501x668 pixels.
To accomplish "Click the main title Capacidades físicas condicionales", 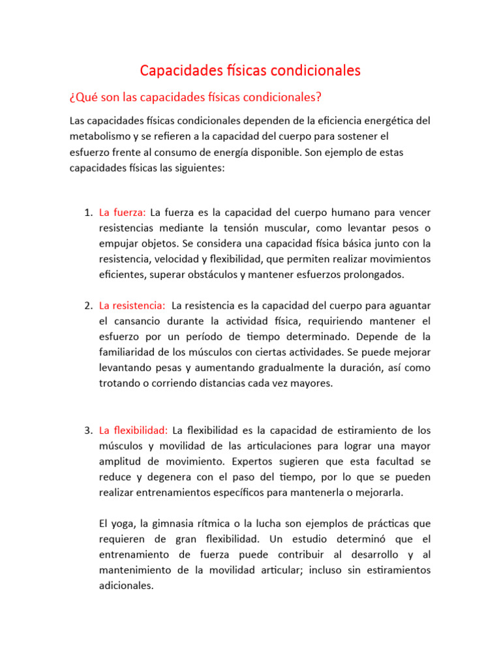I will (250, 70).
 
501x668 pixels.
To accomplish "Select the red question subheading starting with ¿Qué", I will (196, 97).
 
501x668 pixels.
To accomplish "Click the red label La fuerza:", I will (123, 213).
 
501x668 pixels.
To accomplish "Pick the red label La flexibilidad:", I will (133, 431).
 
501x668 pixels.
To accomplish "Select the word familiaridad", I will (129, 352).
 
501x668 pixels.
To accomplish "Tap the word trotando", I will (119, 384).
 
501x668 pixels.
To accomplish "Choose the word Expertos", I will (248, 462).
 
